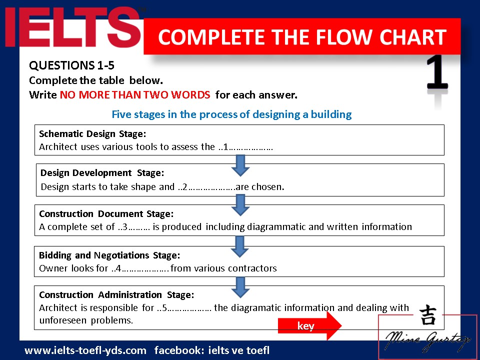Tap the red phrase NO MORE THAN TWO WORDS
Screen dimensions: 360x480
tap(135, 94)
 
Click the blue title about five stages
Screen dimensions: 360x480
tap(231, 114)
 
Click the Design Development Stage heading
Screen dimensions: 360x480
tap(102, 173)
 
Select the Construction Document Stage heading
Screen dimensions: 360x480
tap(106, 213)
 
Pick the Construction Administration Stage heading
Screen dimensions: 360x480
tap(116, 294)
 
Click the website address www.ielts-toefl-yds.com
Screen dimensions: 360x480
tap(85, 350)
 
